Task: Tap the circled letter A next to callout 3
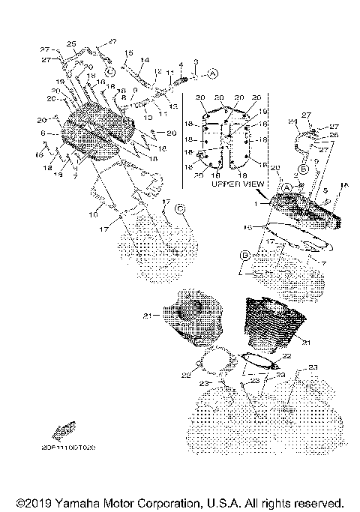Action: [x=212, y=73]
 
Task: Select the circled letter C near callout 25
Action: [x=109, y=70]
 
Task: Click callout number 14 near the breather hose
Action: [x=145, y=59]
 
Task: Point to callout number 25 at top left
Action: [x=71, y=43]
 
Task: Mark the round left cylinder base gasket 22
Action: [x=214, y=369]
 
